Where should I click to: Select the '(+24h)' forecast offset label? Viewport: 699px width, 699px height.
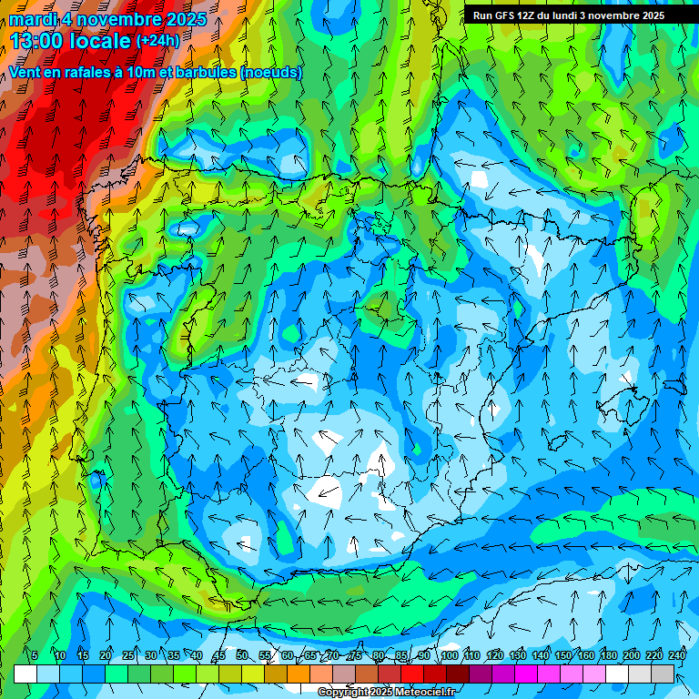(x=157, y=41)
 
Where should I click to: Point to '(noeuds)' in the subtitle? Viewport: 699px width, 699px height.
(x=272, y=73)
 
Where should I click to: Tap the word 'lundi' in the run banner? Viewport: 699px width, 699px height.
(x=580, y=15)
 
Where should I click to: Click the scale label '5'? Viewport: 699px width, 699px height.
(x=35, y=655)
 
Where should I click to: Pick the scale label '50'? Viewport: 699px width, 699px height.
(x=241, y=655)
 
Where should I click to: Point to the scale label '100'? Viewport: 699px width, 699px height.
(x=450, y=655)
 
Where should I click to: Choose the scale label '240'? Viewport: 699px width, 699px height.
(x=677, y=655)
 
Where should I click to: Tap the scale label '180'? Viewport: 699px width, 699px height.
(x=609, y=655)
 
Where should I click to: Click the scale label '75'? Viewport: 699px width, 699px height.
(x=356, y=655)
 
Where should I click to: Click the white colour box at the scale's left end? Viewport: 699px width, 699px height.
(x=25, y=674)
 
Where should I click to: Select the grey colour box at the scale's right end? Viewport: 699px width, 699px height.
(x=663, y=674)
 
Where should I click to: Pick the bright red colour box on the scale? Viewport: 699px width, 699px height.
(x=412, y=674)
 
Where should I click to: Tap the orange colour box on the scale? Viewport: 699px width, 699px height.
(x=299, y=674)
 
